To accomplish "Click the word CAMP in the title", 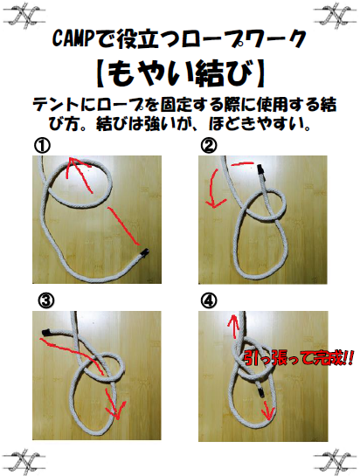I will click(x=73, y=38).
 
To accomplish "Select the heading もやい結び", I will click(x=180, y=70).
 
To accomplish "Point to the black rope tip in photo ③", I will click(x=45, y=331).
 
